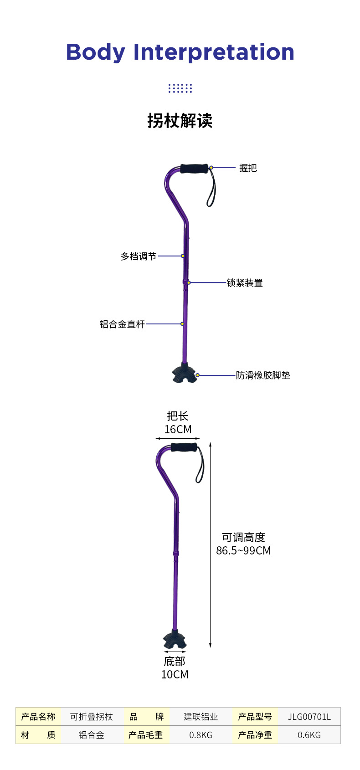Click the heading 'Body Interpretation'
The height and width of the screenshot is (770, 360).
180,52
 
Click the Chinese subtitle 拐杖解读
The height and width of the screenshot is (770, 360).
180,121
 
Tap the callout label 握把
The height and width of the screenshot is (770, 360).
248,168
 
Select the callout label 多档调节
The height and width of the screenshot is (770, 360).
139,257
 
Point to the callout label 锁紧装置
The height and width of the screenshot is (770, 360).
245,283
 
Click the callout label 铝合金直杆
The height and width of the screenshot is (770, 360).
122,324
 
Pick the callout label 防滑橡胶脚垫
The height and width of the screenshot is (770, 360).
263,375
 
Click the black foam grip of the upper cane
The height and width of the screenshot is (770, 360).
194,169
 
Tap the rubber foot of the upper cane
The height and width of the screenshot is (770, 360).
184,374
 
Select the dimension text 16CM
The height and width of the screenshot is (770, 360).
178,430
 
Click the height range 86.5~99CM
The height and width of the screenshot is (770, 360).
243,550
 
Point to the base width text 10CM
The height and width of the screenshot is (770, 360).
175,674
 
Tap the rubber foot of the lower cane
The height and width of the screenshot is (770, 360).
175,640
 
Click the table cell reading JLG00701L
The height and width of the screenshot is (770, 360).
309,717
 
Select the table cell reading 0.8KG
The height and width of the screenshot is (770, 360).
201,735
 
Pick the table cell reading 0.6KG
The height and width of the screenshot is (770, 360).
309,735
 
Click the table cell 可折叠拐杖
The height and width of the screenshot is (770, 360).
92,717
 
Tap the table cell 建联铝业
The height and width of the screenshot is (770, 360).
201,717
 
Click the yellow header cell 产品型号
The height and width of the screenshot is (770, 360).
255,717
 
